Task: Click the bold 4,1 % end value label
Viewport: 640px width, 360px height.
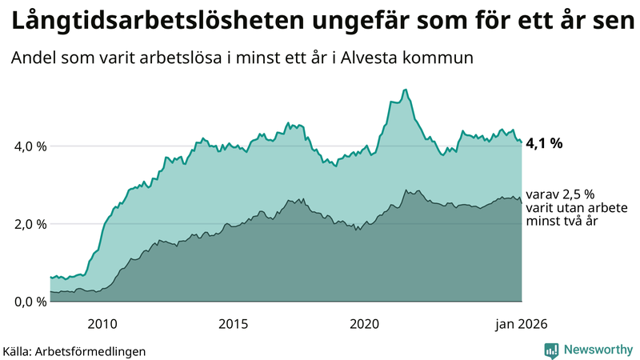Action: pyautogui.click(x=544, y=144)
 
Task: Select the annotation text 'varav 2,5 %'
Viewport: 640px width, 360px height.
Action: pyautogui.click(x=560, y=194)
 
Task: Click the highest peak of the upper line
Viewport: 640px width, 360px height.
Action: pyautogui.click(x=406, y=90)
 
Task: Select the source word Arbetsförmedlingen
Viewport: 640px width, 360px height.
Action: pyautogui.click(x=96, y=350)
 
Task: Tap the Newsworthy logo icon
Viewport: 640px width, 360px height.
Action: pyautogui.click(x=551, y=350)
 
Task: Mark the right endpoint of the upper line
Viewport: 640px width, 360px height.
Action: pyautogui.click(x=522, y=142)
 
